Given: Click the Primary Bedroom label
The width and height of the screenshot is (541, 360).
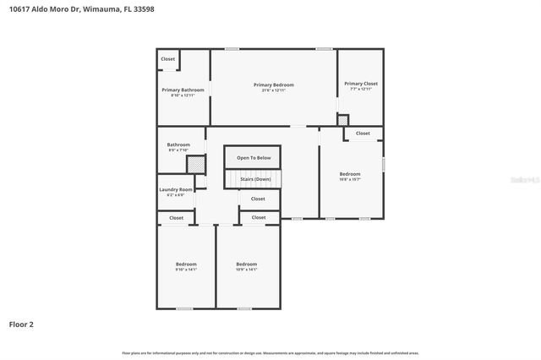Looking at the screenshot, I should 274,85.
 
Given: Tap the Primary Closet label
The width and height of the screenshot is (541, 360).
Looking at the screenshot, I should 360,84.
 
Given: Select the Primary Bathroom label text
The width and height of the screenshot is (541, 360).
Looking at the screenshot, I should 183,90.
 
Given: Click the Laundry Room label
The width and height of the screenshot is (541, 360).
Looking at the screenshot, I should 176,189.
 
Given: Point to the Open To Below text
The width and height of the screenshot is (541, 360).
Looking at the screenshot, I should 254,158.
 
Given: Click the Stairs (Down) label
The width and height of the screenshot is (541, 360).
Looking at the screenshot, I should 255,179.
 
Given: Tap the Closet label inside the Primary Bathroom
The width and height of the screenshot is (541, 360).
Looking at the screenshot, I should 168,59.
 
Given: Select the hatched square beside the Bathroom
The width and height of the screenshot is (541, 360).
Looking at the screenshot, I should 195,165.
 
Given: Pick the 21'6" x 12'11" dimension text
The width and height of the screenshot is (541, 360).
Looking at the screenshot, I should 274,90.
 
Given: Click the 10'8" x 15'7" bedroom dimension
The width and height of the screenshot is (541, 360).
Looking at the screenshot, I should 350,179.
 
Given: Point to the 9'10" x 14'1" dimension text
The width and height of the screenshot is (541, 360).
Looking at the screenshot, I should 186,270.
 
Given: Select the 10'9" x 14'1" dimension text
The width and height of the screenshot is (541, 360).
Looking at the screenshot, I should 247,270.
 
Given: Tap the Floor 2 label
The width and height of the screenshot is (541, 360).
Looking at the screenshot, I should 21,324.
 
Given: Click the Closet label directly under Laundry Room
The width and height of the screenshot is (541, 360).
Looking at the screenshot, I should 176,218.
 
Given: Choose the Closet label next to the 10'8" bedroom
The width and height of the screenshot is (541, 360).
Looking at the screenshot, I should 362,134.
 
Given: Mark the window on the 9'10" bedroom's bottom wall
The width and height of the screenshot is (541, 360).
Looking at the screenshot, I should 184,308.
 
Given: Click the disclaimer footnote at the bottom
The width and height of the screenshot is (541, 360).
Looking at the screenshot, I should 270,352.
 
